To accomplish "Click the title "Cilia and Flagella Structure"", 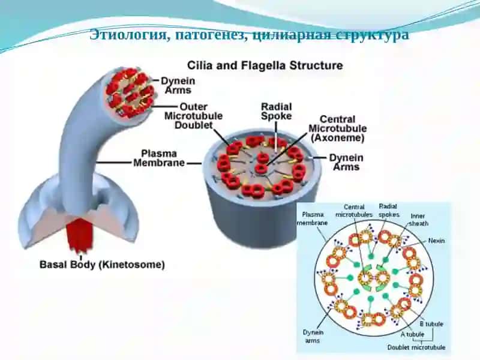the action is click(x=265, y=66).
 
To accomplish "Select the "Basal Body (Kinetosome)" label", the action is click(x=102, y=265).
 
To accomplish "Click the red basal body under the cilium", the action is click(x=80, y=235).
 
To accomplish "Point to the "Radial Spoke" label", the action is click(x=277, y=112).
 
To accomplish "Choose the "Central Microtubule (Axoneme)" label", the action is click(x=338, y=128).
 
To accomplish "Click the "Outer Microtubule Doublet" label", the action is click(x=193, y=116).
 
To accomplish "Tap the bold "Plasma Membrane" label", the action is click(x=159, y=158).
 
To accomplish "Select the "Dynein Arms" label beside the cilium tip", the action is click(x=178, y=85).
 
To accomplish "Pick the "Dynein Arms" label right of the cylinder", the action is click(x=346, y=162).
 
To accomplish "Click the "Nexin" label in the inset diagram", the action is click(x=436, y=241).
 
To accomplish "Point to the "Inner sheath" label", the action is click(x=418, y=220).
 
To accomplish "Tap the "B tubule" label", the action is click(x=431, y=324).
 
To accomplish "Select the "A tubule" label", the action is click(x=412, y=334).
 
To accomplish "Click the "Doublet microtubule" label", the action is click(x=416, y=347).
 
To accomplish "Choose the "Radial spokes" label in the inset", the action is click(x=389, y=211).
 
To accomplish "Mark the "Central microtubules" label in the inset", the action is click(x=354, y=211).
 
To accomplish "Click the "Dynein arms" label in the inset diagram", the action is click(x=313, y=336).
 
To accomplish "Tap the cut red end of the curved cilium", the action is click(x=130, y=92).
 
